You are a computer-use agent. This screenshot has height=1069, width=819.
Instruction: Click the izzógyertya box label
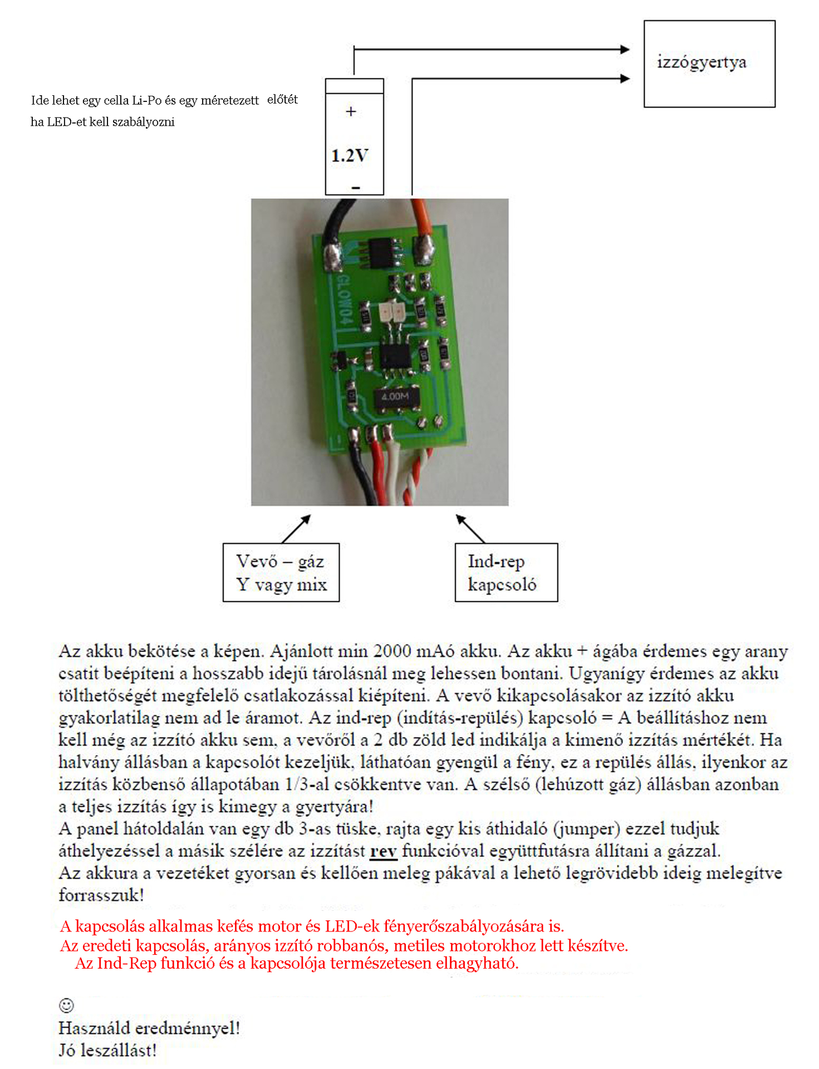point(701,62)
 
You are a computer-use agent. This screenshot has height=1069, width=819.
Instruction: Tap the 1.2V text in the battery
point(350,155)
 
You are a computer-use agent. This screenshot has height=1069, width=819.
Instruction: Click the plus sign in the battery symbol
point(351,111)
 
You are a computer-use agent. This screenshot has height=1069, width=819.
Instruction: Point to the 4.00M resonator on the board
point(395,396)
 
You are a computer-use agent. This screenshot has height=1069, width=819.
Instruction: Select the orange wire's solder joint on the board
point(425,249)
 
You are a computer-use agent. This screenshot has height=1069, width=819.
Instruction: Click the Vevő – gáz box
point(281,572)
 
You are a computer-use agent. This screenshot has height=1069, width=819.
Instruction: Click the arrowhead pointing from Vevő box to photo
point(306,518)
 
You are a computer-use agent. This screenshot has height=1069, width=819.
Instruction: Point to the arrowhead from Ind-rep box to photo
point(460,518)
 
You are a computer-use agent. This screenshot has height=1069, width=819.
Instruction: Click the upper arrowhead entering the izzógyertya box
point(625,50)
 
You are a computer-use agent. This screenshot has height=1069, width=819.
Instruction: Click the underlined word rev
point(383,851)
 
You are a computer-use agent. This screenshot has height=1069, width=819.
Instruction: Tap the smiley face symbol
point(66,1005)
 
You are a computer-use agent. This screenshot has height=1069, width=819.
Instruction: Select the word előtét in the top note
point(282,100)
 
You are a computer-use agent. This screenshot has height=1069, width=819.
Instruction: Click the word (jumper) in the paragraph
point(586,829)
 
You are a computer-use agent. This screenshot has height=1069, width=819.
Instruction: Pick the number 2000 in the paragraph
point(393,651)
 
